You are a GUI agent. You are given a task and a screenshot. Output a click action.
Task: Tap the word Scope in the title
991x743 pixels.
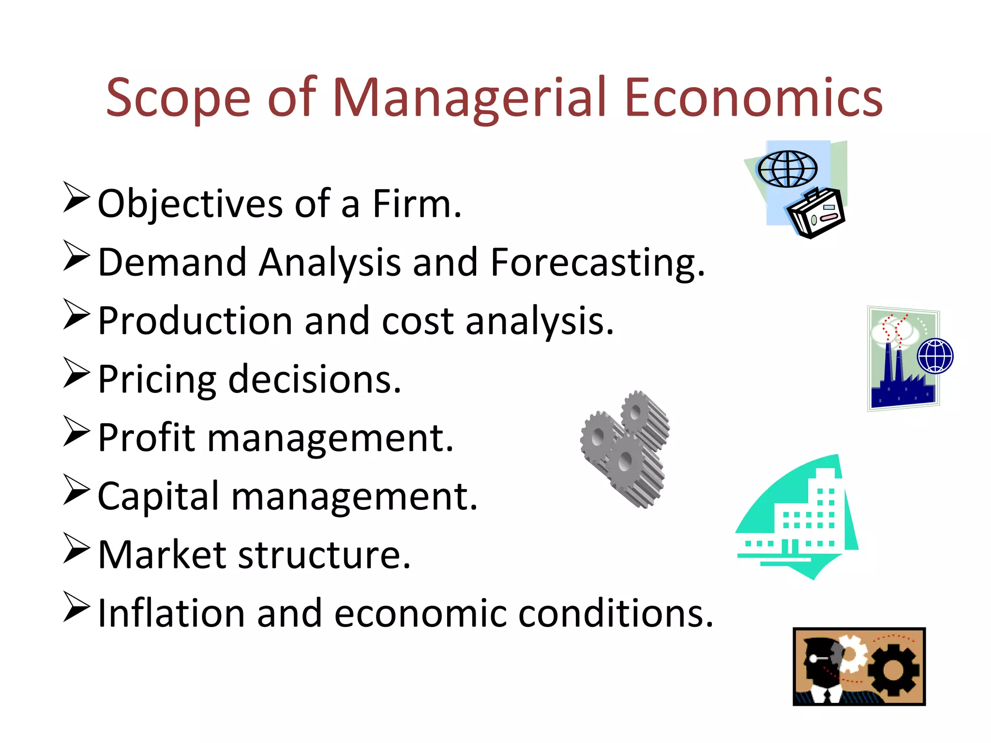tap(178, 99)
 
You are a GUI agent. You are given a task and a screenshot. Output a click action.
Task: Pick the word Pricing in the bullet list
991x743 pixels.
tap(157, 380)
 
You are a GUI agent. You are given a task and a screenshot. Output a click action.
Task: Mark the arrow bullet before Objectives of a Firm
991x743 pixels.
tap(76, 197)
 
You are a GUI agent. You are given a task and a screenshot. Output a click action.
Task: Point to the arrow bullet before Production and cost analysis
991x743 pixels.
tap(76, 314)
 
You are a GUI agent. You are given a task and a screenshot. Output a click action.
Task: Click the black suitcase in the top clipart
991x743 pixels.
tap(816, 213)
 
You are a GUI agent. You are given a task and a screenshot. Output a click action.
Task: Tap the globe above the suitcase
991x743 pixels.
tap(787, 169)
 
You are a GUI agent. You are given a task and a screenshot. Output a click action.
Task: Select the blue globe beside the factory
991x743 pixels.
tap(935, 356)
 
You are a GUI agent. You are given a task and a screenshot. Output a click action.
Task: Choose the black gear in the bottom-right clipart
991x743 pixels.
tap(893, 670)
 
